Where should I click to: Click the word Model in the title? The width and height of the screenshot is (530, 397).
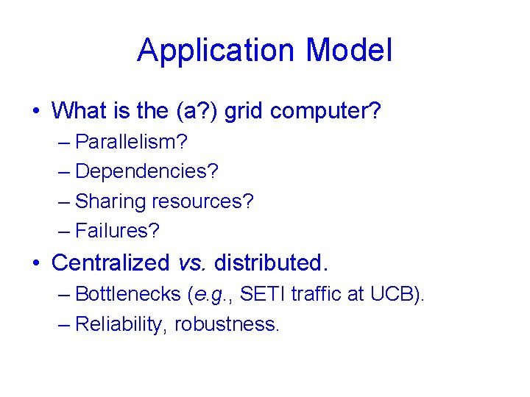tap(349, 51)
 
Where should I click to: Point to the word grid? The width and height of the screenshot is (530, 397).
tap(244, 111)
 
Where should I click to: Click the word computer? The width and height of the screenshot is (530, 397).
tap(325, 111)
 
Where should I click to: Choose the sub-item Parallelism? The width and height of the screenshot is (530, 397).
tap(131, 141)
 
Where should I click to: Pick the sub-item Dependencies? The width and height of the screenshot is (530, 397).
tap(146, 171)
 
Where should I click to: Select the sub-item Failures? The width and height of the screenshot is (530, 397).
tap(117, 232)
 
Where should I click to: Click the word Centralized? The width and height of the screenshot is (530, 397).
tap(111, 262)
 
